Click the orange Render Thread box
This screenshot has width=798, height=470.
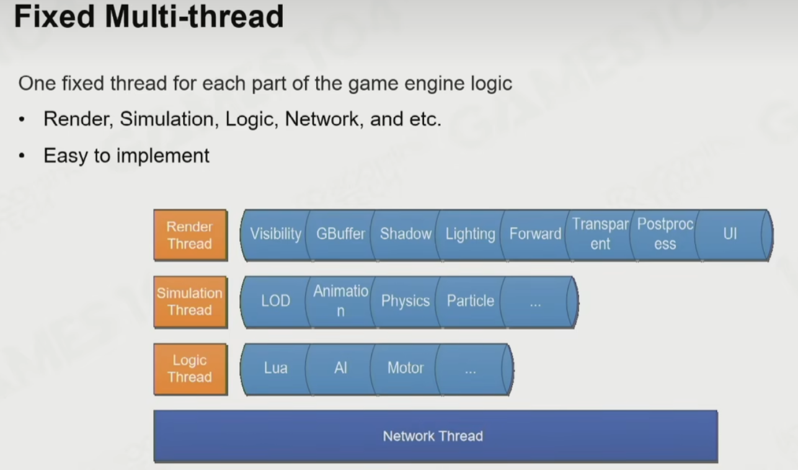tap(190, 235)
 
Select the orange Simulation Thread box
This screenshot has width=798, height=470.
tap(190, 302)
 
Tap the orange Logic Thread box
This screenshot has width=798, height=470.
tap(190, 369)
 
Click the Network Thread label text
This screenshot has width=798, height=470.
tap(433, 436)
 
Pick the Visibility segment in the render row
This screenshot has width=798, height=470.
tap(275, 235)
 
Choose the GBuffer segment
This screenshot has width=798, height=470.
tap(340, 235)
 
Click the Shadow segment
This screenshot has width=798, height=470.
tap(406, 235)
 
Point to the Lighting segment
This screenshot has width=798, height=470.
tap(470, 235)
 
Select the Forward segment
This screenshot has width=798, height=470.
tap(535, 235)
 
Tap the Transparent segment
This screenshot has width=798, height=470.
tap(600, 235)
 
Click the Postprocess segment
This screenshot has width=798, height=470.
tap(665, 235)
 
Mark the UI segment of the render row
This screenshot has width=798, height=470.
tap(730, 235)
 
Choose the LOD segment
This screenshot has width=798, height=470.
tap(275, 302)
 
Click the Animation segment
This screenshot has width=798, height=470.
tap(340, 302)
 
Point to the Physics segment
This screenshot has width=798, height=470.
tap(406, 302)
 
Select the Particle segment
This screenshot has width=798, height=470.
tap(470, 302)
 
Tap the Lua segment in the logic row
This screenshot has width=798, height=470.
tap(275, 369)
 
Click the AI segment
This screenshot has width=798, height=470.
tap(340, 369)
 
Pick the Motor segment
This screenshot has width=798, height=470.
tap(406, 369)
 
